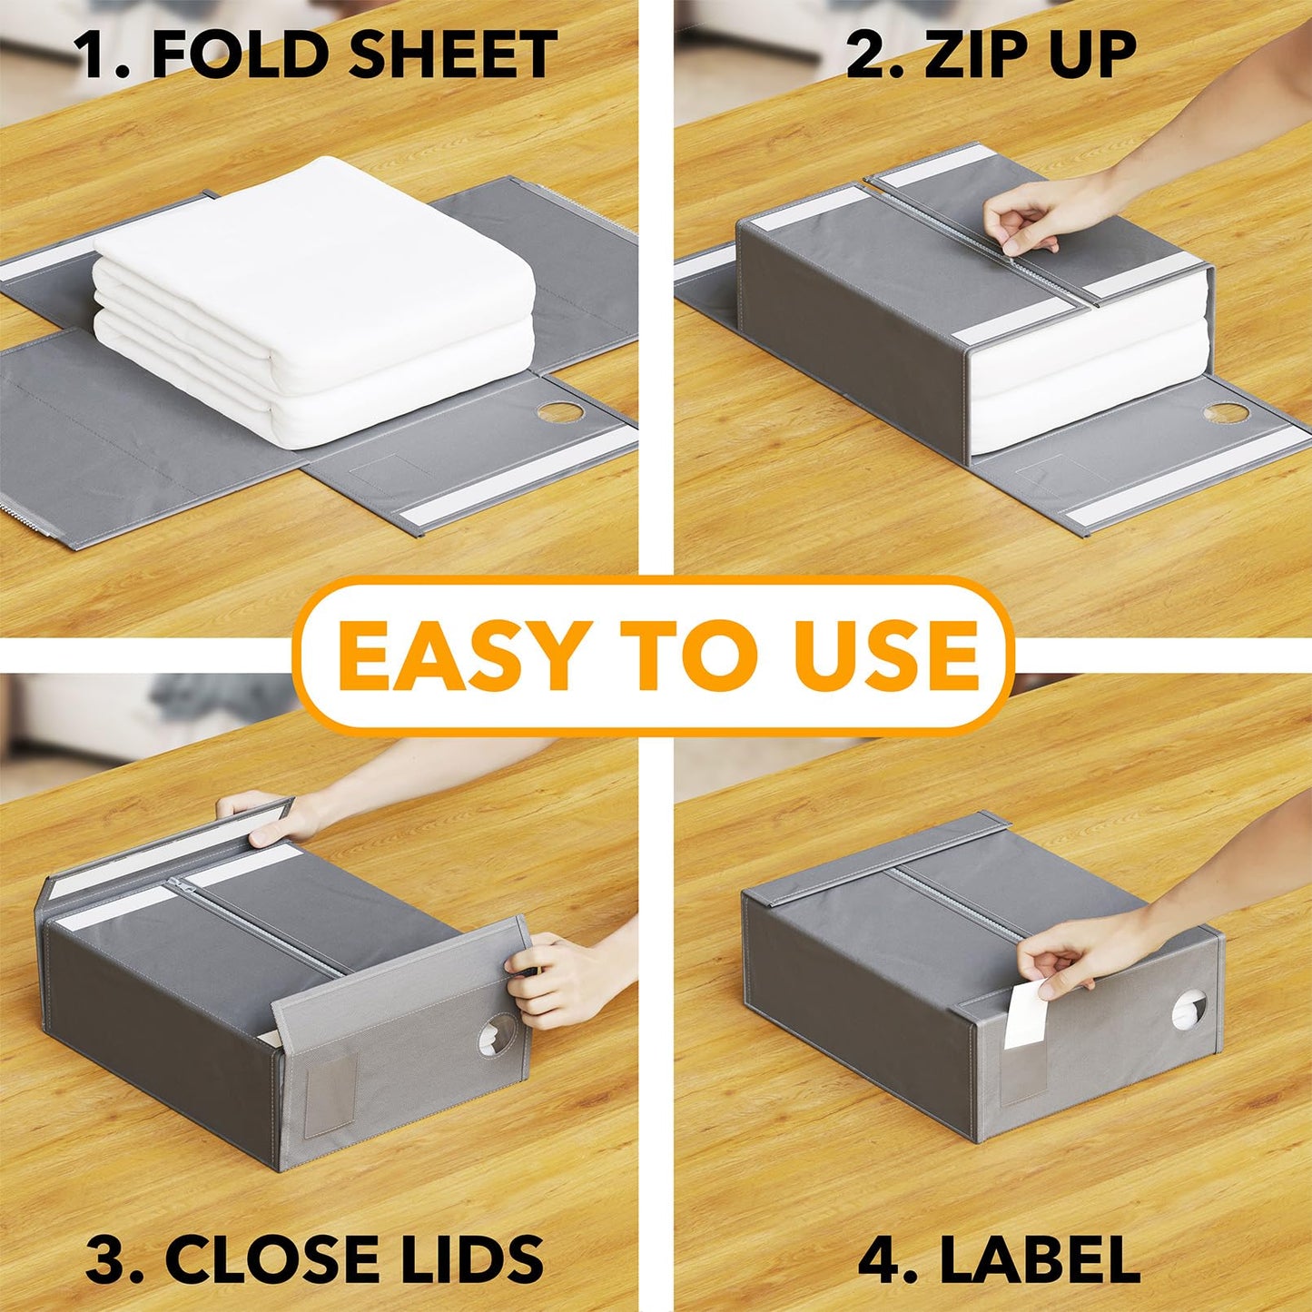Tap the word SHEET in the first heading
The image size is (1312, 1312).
coord(452,54)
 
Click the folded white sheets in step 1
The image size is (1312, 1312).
coord(313,300)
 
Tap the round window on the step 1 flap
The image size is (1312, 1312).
coord(560,412)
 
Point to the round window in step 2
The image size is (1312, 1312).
coord(1226,413)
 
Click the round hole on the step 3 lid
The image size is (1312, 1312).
coord(496,1038)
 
